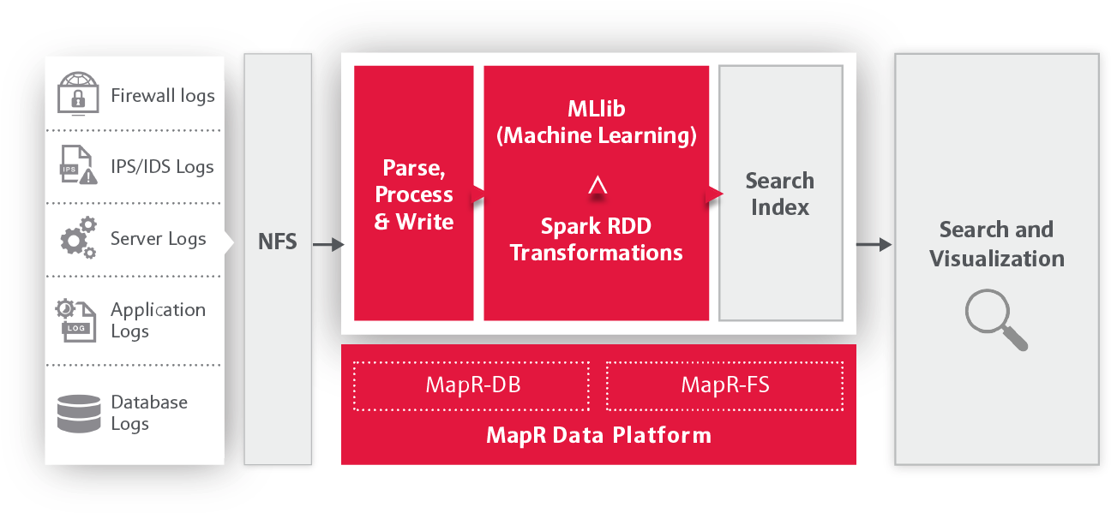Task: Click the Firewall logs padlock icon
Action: point(78,93)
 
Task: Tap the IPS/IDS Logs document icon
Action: point(78,164)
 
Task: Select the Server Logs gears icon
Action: point(78,237)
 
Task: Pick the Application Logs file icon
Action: point(76,320)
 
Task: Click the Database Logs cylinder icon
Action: point(79,414)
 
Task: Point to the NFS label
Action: point(278,242)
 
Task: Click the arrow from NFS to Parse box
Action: point(328,244)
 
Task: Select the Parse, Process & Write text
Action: point(414,194)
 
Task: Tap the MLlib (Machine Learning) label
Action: point(596,122)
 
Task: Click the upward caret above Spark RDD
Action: point(598,184)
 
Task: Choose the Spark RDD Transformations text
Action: point(596,240)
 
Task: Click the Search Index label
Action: point(780,194)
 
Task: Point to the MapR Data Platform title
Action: point(598,435)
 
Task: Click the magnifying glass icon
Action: point(995,319)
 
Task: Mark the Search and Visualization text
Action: point(997,244)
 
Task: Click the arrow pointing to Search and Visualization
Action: point(874,244)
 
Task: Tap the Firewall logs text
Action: point(163,96)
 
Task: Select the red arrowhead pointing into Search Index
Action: point(715,194)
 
